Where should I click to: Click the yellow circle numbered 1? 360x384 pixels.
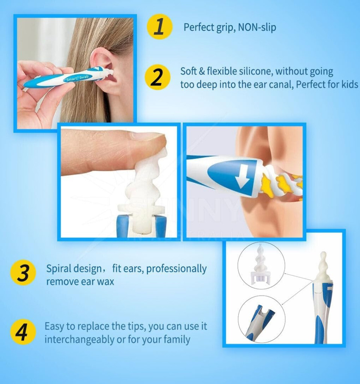point(160,27)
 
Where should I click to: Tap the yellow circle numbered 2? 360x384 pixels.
point(157,77)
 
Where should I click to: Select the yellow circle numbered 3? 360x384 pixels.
point(23,273)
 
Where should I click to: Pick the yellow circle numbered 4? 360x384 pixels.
point(23,332)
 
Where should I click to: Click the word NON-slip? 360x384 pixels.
point(257,27)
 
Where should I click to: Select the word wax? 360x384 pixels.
point(106,282)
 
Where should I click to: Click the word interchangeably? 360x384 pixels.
point(79,340)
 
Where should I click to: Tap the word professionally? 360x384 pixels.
point(176,269)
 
